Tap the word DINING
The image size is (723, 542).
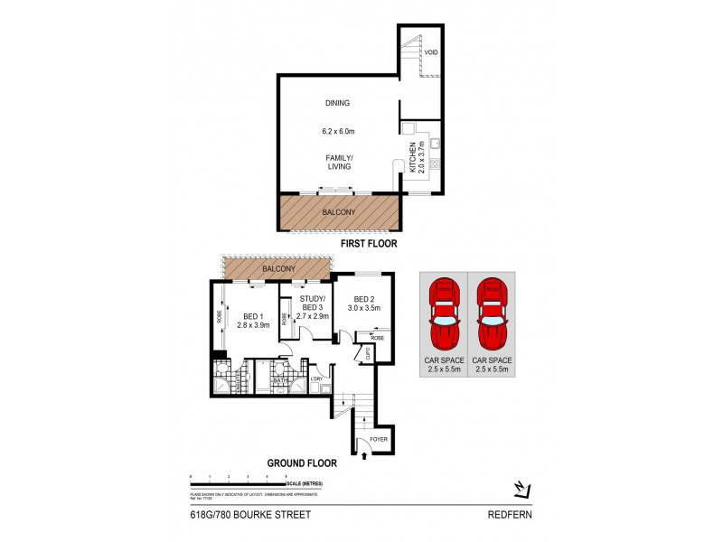[x=337, y=103]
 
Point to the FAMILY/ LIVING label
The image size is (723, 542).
[x=340, y=162]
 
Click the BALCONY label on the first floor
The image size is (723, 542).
[x=337, y=213]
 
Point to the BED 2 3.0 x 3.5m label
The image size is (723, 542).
[x=365, y=304]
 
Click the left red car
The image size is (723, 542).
[x=443, y=317]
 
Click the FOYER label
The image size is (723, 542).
[x=378, y=440]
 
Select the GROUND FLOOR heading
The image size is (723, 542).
[x=302, y=463]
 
